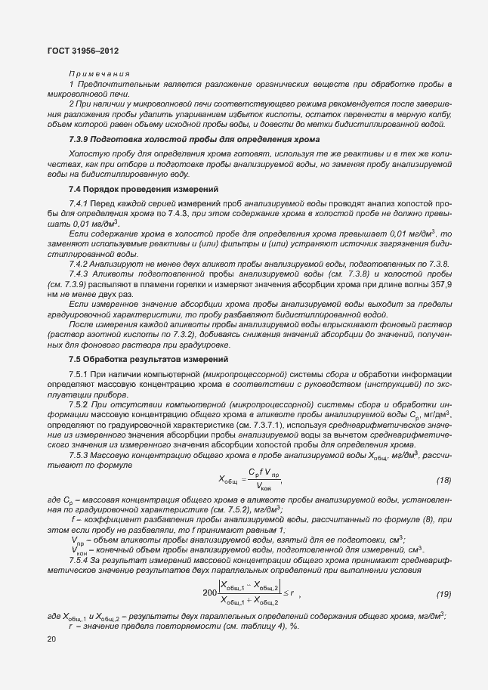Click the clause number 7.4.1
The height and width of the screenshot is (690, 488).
(79, 204)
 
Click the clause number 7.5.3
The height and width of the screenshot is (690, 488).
(79, 455)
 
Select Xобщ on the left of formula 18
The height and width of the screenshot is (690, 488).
(228, 480)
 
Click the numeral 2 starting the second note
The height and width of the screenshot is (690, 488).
(71, 102)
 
